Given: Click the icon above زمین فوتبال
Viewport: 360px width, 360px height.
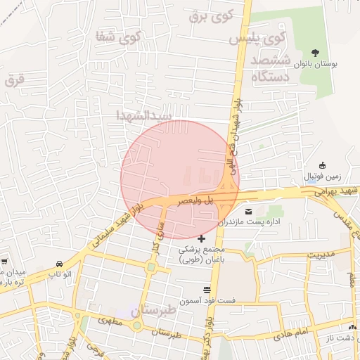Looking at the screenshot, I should (x=323, y=164).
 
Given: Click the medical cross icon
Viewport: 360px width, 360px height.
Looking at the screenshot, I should (x=202, y=239).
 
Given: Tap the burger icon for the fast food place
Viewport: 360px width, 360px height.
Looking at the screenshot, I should (x=207, y=290).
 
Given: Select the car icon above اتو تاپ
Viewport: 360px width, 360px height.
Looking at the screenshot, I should (x=58, y=264).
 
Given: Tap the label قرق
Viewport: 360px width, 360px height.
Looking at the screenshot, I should (x=14, y=79).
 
